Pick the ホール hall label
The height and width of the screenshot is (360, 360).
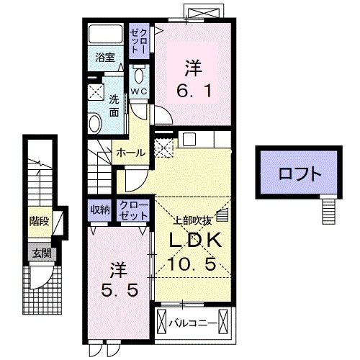tap(130, 153)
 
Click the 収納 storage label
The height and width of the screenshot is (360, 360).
tap(100, 210)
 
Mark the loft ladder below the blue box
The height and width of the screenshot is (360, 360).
tap(328, 211)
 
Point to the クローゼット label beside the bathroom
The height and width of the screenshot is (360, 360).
tap(138, 41)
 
